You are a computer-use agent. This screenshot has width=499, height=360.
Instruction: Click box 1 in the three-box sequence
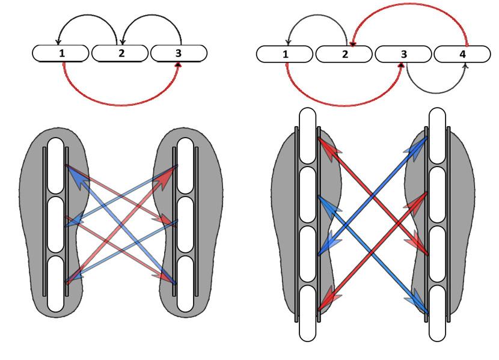[62, 53]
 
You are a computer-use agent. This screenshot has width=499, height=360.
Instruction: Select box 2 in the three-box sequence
[120, 53]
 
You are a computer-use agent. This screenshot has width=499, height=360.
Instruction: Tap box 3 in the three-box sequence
[179, 53]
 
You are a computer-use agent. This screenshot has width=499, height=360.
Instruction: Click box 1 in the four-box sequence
[286, 54]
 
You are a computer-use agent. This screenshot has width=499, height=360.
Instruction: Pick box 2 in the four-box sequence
[344, 54]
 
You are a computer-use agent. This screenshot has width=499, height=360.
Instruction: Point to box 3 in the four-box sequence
[404, 54]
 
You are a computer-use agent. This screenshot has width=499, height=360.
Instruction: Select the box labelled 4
[462, 54]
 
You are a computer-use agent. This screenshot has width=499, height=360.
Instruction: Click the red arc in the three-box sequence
[120, 103]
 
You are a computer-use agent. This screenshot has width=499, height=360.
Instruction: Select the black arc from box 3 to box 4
[436, 92]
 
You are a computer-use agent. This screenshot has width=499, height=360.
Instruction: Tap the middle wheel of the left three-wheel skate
[55, 225]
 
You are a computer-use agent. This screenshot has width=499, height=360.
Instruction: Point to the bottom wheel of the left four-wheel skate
[308, 313]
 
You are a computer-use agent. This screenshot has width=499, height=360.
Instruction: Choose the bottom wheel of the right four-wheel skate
[437, 313]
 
